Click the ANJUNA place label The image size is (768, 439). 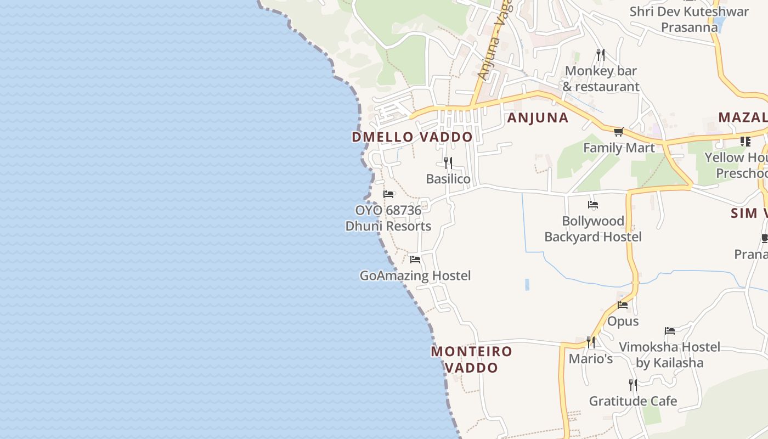[x=538, y=118]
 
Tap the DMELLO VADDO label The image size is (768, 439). [x=412, y=137]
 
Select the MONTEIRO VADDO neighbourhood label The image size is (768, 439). [x=472, y=359]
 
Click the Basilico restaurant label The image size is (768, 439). [x=448, y=179]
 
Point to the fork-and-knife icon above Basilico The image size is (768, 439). [x=448, y=163]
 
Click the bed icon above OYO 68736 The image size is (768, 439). [x=389, y=194]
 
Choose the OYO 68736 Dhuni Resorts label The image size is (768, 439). [x=388, y=218]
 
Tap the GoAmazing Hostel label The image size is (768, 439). [x=415, y=275]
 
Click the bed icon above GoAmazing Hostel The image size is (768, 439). [x=415, y=260]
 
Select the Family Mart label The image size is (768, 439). [x=619, y=148]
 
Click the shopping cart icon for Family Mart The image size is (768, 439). [x=619, y=132]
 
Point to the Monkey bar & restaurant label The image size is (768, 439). [x=601, y=79]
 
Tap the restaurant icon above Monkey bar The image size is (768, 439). [x=601, y=55]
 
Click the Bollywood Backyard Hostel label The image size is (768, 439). [x=593, y=229]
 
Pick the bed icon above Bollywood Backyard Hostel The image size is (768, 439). [x=593, y=205]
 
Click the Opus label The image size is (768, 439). [x=623, y=322]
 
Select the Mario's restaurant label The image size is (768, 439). [x=590, y=359]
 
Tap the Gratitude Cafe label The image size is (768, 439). [x=633, y=401]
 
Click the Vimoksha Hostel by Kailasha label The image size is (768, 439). [x=669, y=354]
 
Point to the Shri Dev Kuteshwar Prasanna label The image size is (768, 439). [x=689, y=19]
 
